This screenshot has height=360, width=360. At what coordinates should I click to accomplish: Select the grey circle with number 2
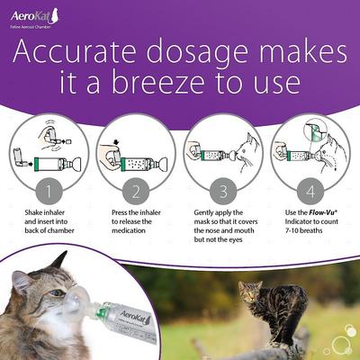click(136, 192)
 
